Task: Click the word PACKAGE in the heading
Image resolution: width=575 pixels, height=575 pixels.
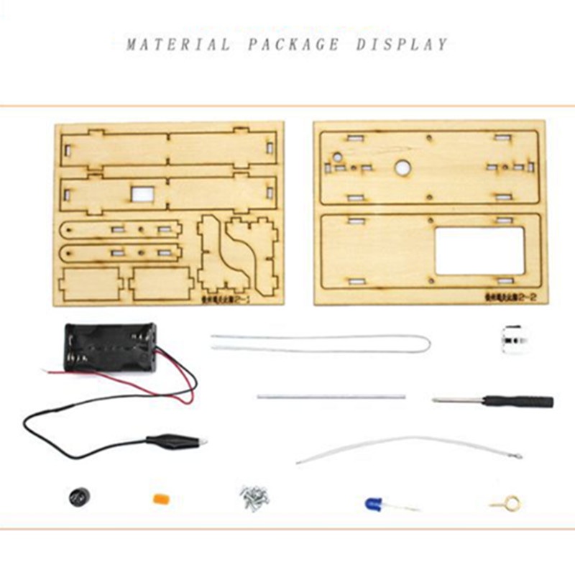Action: (293, 45)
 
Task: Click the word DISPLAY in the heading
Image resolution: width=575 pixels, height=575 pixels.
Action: (402, 45)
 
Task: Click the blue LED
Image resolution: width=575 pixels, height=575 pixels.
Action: (373, 504)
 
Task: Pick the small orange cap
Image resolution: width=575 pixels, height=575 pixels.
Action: (160, 498)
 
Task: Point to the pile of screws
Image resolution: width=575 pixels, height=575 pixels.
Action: (253, 496)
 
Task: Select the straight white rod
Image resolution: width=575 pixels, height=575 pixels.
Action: (331, 396)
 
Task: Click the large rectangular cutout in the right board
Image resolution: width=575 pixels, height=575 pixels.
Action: (479, 250)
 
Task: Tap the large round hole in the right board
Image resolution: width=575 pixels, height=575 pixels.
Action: (402, 167)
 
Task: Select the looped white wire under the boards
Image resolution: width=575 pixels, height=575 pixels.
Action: (321, 341)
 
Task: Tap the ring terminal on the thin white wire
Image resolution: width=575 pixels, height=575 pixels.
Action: (515, 456)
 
